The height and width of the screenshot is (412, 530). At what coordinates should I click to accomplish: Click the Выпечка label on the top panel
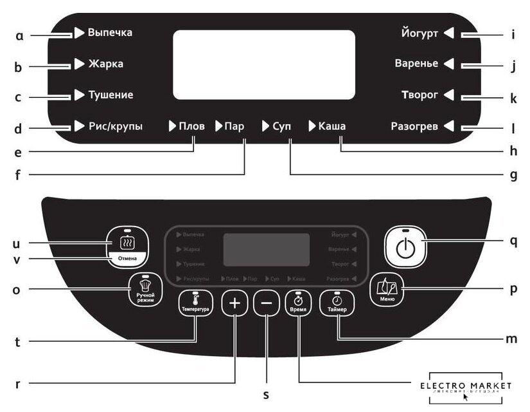(x=110, y=32)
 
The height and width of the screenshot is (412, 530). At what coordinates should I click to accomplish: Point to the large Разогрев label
(x=414, y=127)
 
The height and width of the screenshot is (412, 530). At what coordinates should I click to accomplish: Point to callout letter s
(x=265, y=395)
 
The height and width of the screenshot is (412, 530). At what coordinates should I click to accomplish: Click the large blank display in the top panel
(x=263, y=64)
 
